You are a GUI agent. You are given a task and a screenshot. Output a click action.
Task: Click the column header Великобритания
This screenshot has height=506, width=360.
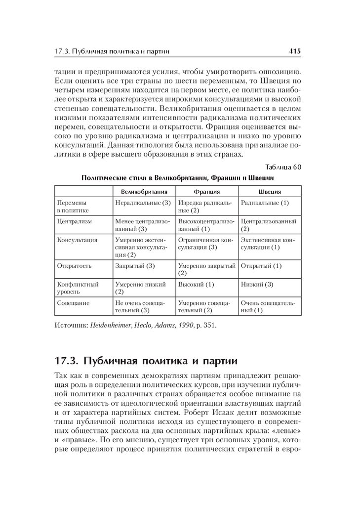[144, 191]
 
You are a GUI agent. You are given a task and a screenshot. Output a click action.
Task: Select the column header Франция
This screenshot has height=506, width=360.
[207, 191]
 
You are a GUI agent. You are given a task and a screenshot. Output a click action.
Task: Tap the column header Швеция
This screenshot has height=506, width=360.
[270, 191]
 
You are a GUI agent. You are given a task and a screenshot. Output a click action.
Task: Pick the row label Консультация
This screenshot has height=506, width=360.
[77, 240]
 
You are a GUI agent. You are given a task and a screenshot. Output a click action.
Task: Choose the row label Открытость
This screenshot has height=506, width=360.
[75, 265]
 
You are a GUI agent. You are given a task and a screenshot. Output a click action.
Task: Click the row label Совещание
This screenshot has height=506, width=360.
[74, 302]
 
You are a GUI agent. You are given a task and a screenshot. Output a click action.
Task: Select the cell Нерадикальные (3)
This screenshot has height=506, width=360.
[143, 203]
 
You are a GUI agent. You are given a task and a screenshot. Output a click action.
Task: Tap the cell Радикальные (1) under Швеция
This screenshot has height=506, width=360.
[265, 203]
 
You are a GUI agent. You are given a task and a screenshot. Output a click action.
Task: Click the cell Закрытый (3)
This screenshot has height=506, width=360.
[135, 265]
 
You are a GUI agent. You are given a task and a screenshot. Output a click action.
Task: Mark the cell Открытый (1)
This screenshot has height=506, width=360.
[261, 265]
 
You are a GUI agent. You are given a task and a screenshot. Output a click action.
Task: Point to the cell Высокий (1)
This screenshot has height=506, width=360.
[196, 284]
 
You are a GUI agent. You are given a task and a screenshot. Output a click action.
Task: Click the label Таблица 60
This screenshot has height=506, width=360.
[283, 167]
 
